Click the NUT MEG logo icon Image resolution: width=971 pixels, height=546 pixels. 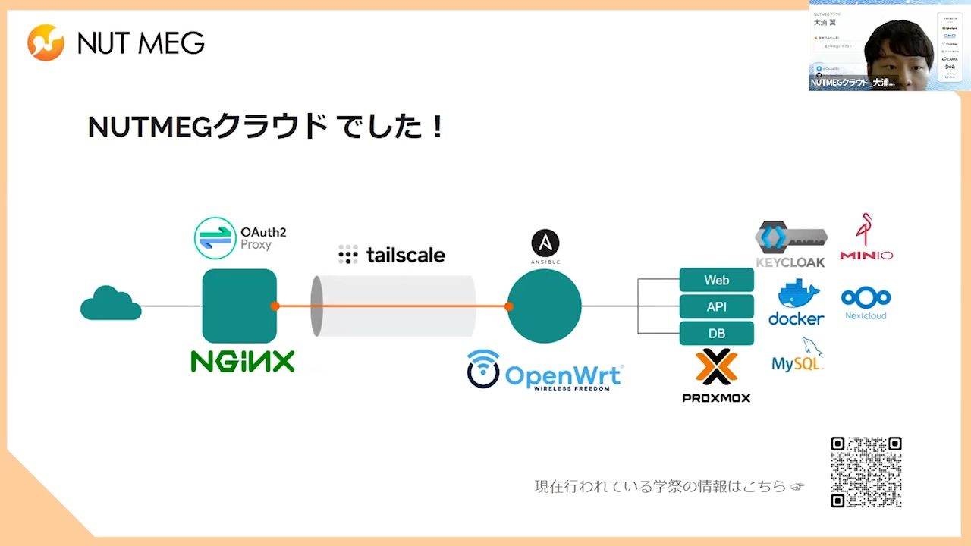pos(46,42)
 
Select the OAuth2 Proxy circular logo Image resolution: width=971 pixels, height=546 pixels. pos(215,238)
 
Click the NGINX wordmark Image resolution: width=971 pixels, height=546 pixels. pos(242,361)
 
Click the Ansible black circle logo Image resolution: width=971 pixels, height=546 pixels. pos(545,243)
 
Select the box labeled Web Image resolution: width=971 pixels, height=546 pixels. pos(716,280)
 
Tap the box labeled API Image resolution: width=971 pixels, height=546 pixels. pos(716,306)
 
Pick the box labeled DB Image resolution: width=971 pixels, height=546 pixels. pos(716,333)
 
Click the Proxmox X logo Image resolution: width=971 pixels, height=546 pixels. pos(716,367)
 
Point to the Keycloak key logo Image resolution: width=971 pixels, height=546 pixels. pos(790,238)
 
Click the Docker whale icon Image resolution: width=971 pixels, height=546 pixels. pos(797,295)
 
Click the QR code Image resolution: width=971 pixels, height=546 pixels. pos(866,472)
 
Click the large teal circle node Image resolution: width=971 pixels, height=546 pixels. pos(544,306)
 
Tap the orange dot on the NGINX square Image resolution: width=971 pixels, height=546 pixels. pos(275,306)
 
